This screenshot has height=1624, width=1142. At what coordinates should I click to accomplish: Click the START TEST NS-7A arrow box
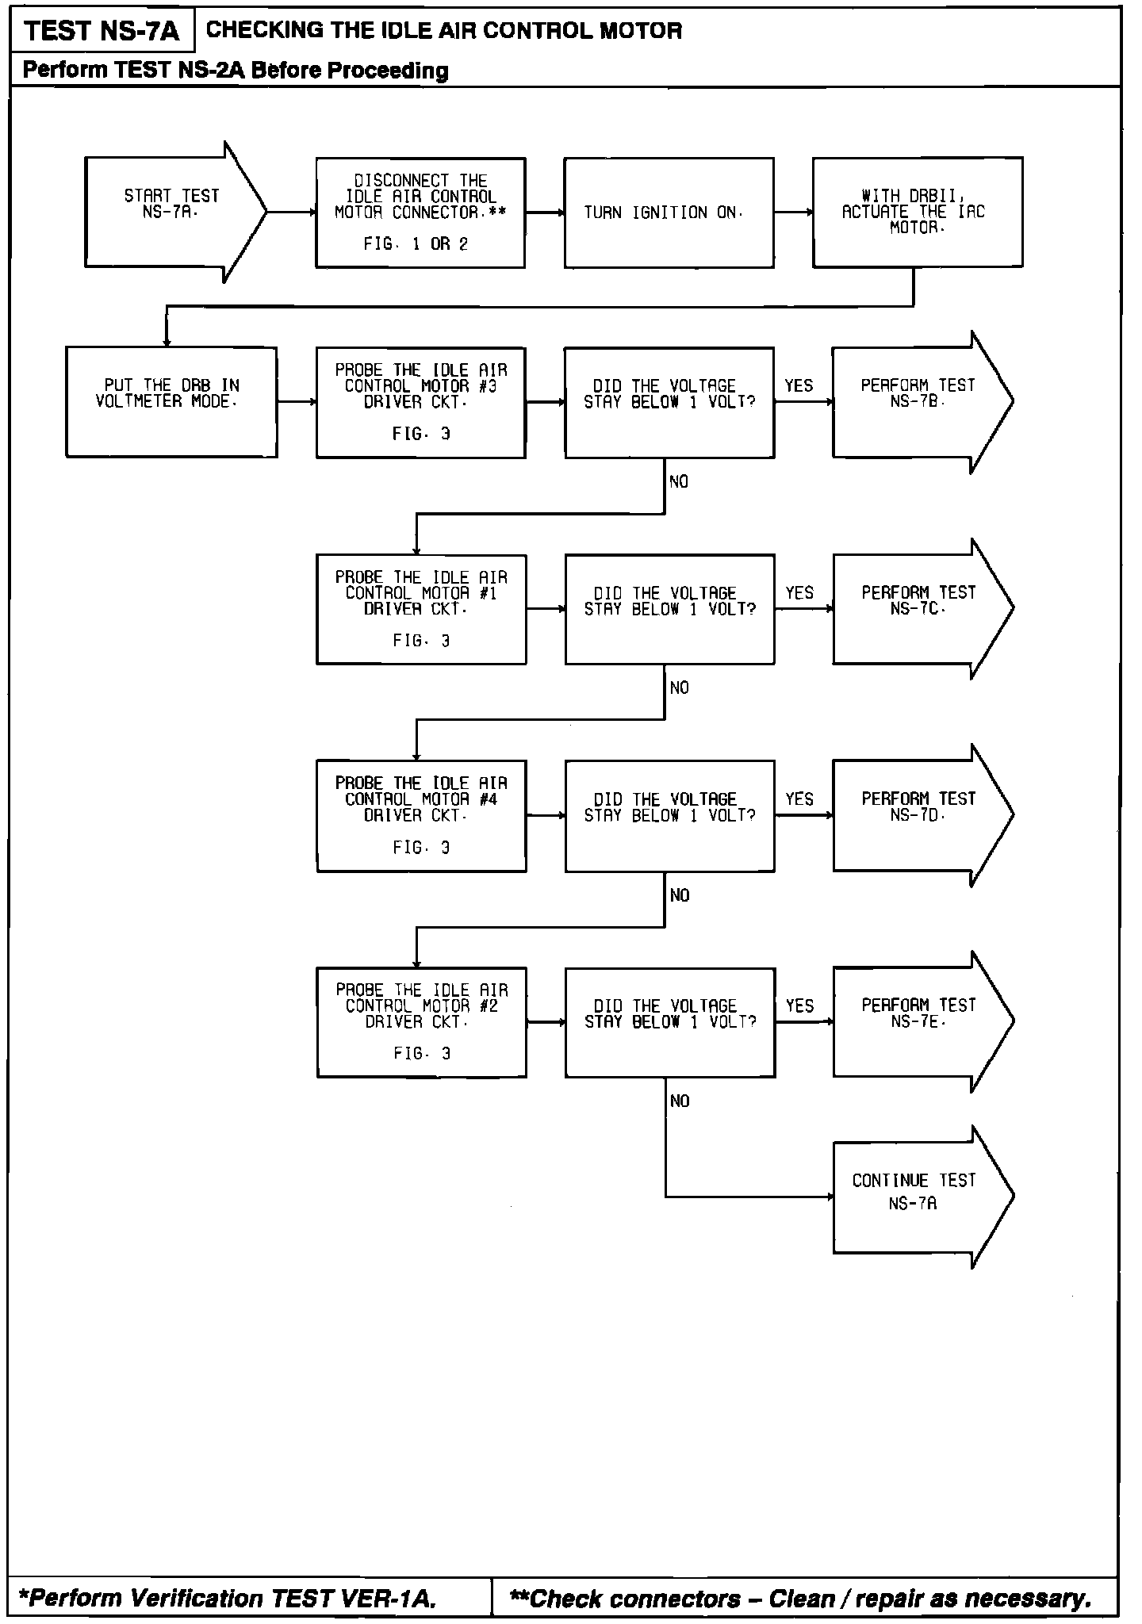(x=171, y=212)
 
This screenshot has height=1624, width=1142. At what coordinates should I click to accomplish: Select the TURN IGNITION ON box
(x=669, y=213)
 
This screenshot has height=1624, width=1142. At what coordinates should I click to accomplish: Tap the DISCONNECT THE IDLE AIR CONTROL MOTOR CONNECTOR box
(x=420, y=213)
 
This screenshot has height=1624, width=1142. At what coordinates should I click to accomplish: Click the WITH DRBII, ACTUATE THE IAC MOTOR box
(x=917, y=212)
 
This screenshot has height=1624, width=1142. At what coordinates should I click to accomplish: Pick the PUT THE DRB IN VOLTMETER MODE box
(x=171, y=401)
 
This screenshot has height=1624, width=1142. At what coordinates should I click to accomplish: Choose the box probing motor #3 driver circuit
(x=420, y=402)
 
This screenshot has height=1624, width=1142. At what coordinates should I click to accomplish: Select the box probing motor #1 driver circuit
(x=421, y=609)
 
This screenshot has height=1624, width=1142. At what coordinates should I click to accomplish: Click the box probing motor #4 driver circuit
(x=421, y=815)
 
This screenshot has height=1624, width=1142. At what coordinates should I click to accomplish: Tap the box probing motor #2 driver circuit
(x=421, y=1021)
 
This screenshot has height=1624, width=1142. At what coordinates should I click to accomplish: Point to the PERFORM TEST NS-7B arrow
(x=918, y=401)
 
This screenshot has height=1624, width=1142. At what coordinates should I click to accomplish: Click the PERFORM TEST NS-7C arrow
(x=918, y=608)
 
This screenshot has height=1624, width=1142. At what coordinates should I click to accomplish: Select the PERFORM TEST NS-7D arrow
(x=918, y=814)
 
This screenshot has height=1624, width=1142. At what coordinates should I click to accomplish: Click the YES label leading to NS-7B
(x=799, y=386)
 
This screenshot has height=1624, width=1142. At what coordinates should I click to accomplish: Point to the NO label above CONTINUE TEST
(x=680, y=1101)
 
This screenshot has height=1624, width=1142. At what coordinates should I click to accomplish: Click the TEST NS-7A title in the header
(x=102, y=32)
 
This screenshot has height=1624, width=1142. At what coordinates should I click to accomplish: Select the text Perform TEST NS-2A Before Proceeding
(x=236, y=71)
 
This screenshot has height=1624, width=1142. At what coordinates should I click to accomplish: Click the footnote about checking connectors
(x=800, y=1598)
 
